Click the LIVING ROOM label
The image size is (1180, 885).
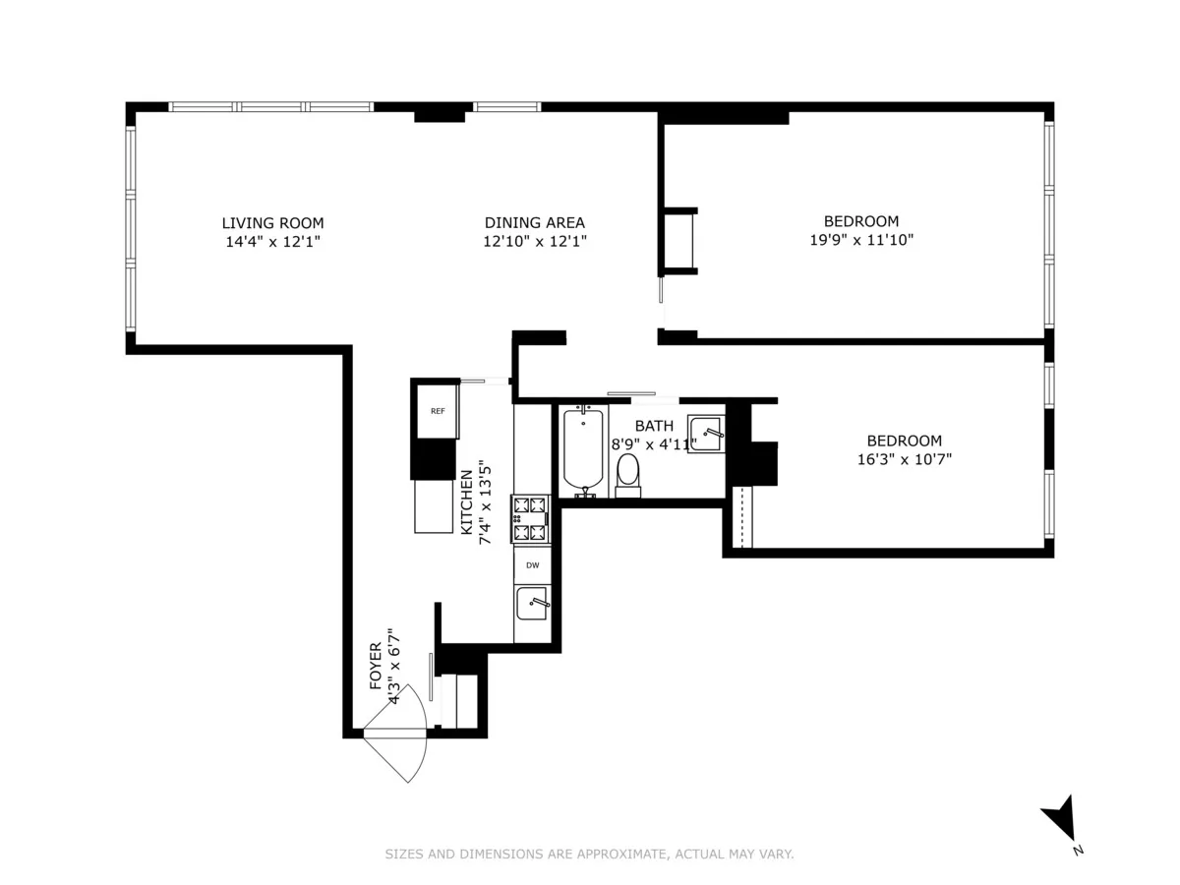272,223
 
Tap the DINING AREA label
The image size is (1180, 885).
534,223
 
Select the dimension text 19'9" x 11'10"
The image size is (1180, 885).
860,239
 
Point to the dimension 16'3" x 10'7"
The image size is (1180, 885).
904,458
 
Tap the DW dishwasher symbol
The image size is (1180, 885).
532,565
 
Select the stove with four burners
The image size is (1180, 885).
532,519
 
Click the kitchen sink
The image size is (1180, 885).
532,602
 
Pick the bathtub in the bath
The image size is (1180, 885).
583,451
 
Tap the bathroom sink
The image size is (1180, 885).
706,434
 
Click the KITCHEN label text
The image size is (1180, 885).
466,501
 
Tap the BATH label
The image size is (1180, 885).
654,426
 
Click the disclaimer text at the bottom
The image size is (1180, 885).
589,855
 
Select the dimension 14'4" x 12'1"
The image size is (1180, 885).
272,240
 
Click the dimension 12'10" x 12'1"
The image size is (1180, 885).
534,240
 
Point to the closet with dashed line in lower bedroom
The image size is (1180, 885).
743,516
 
